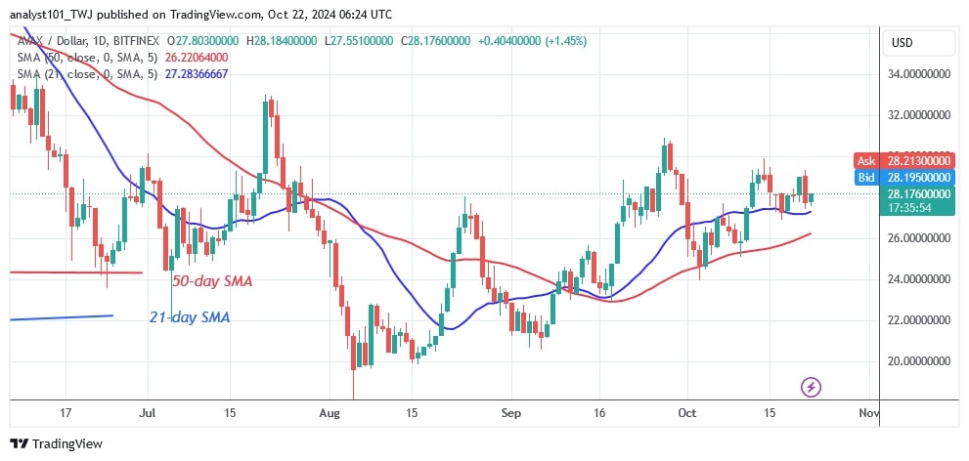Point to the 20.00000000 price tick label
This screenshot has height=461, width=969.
click(918, 361)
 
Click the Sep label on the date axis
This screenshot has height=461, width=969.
click(510, 413)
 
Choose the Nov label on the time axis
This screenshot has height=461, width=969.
click(867, 413)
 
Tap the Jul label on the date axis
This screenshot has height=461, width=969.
click(149, 413)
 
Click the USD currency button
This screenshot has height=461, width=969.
click(901, 43)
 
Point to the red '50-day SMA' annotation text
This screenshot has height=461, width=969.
click(214, 282)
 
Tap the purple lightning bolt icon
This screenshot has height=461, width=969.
click(810, 388)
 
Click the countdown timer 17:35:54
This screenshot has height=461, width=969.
click(907, 208)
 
